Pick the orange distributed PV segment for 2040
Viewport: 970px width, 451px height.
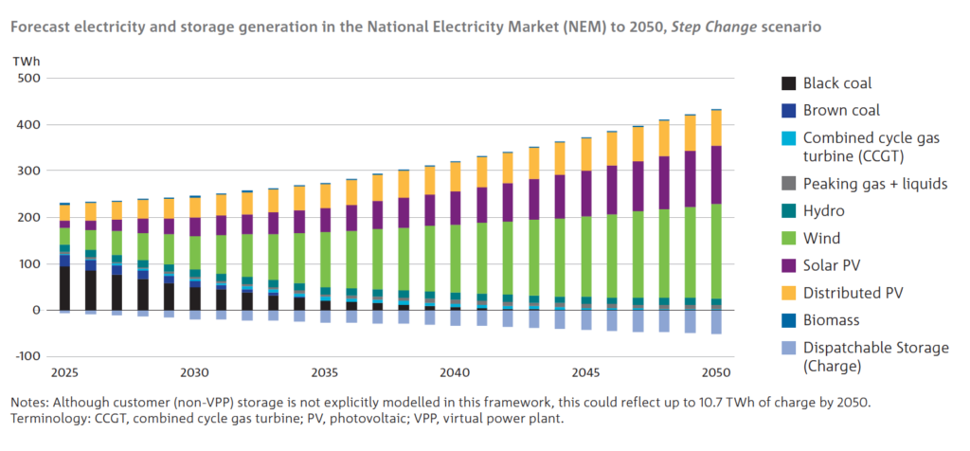(x=456, y=176)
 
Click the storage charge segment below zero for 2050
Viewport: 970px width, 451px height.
(x=716, y=322)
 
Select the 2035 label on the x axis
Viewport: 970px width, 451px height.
(x=325, y=372)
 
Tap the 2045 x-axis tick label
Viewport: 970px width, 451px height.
(x=586, y=372)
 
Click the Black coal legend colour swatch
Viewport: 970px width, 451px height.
(x=789, y=83)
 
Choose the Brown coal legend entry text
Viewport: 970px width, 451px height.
(x=841, y=110)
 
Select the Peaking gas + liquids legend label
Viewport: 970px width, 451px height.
(x=875, y=184)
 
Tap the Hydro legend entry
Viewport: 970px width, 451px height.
(x=824, y=212)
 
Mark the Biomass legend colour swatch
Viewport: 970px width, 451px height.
(x=789, y=321)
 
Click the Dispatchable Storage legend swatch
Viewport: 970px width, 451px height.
(x=789, y=349)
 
